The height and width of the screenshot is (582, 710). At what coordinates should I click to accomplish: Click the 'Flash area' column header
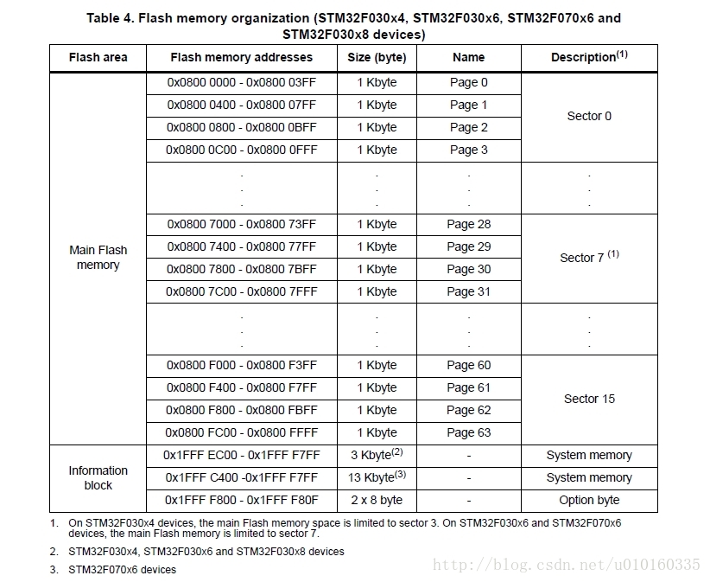(x=98, y=57)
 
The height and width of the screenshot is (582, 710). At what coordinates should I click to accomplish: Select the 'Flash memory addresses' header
(x=242, y=57)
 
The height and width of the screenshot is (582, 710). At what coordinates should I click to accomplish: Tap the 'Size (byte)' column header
(x=377, y=57)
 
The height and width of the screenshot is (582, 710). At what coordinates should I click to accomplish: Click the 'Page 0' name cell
(x=468, y=82)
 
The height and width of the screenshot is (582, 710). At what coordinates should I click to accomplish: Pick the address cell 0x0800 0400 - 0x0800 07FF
(x=242, y=105)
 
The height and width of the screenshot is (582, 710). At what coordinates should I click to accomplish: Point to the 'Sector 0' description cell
(x=589, y=116)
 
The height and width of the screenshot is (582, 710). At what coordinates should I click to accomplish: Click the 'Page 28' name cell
(x=468, y=224)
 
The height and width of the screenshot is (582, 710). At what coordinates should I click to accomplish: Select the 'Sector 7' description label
(x=589, y=257)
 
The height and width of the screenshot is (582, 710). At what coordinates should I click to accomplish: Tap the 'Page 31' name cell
(x=468, y=291)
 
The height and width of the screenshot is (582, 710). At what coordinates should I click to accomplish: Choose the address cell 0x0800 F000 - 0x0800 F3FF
(x=242, y=365)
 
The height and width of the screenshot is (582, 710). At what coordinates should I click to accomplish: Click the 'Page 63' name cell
(x=468, y=432)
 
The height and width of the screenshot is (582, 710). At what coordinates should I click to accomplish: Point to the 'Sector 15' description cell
(x=589, y=399)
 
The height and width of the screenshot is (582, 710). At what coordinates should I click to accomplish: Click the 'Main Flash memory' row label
(x=98, y=257)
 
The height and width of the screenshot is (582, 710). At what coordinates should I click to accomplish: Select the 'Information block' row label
(x=98, y=477)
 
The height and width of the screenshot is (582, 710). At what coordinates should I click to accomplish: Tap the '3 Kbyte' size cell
(x=377, y=455)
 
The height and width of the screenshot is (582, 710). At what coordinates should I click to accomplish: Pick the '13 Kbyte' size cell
(x=377, y=477)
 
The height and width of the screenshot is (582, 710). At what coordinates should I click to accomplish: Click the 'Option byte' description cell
(x=589, y=500)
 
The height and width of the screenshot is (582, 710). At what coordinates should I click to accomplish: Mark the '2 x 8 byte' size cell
(x=377, y=500)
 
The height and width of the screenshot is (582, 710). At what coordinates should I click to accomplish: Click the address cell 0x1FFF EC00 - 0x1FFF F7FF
(x=242, y=455)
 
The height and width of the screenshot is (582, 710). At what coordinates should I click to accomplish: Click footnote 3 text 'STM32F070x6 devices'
(x=122, y=569)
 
